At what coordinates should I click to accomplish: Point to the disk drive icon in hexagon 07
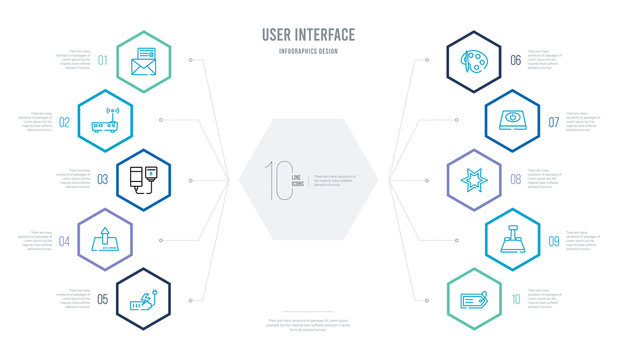tap(512, 120)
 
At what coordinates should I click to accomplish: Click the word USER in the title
tap(278, 36)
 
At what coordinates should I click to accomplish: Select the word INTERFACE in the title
tap(326, 36)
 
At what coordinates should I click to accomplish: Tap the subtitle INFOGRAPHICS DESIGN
tap(308, 51)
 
